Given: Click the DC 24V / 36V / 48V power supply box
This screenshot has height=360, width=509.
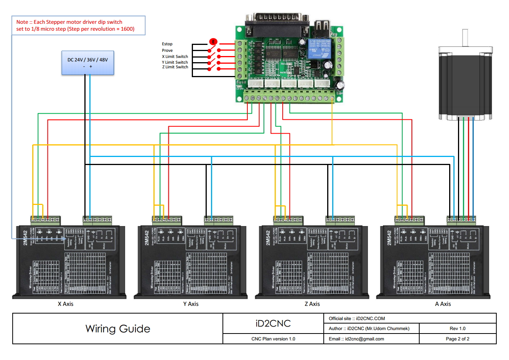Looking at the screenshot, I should pyautogui.click(x=87, y=63).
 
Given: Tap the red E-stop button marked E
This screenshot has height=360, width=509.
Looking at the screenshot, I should pyautogui.click(x=213, y=42).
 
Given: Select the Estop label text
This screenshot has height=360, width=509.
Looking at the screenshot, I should pyautogui.click(x=167, y=44).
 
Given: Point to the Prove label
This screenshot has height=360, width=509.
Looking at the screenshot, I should pyautogui.click(x=167, y=51).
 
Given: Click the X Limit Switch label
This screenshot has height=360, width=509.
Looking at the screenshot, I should pyautogui.click(x=175, y=57).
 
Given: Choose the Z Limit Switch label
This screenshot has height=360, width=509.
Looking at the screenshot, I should pyautogui.click(x=175, y=67).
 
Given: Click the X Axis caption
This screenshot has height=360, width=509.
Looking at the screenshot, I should pyautogui.click(x=66, y=304).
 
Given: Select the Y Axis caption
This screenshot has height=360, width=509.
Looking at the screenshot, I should pyautogui.click(x=191, y=304).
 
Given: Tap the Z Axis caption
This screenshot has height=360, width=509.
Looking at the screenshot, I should pyautogui.click(x=312, y=304).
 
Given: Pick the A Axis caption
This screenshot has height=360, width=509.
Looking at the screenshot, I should pyautogui.click(x=443, y=304).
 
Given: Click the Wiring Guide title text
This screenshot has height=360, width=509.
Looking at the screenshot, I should pyautogui.click(x=118, y=329).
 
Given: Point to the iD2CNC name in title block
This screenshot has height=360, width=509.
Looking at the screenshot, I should pyautogui.click(x=273, y=324).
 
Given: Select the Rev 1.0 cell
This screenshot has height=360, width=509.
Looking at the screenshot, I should pyautogui.click(x=458, y=329).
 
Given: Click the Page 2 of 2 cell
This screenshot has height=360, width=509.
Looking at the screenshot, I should pyautogui.click(x=458, y=339).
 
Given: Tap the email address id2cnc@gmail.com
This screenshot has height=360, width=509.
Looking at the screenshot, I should pyautogui.click(x=364, y=339).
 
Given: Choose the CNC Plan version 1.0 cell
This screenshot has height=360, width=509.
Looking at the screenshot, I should pyautogui.click(x=273, y=339).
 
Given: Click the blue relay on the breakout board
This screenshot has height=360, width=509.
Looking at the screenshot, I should pyautogui.click(x=320, y=48).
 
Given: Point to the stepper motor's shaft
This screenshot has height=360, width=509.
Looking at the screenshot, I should pyautogui.click(x=465, y=38).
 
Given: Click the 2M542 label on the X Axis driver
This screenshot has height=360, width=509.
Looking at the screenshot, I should pyautogui.click(x=25, y=238).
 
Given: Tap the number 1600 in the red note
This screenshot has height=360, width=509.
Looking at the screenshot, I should pyautogui.click(x=127, y=29).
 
